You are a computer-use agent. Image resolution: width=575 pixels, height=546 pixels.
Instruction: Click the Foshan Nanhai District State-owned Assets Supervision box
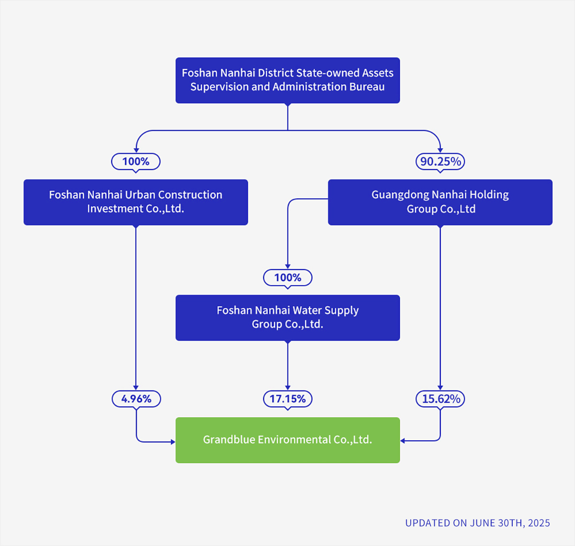(x=287, y=80)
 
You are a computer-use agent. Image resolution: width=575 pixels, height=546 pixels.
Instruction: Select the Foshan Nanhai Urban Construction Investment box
(x=136, y=202)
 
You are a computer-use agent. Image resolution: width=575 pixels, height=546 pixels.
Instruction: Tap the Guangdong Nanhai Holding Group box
(x=440, y=202)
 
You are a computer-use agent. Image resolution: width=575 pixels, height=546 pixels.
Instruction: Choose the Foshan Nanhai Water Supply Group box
(x=287, y=317)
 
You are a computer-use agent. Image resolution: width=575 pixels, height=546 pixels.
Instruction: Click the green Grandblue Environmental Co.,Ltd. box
(x=287, y=440)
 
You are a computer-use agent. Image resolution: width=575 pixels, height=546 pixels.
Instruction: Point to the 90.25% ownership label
(x=440, y=161)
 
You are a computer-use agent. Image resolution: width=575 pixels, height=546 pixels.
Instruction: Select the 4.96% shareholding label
(x=136, y=399)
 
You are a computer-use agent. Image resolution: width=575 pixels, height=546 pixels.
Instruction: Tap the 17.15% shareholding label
(x=287, y=399)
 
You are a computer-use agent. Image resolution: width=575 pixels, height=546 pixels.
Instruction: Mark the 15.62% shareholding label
(x=440, y=399)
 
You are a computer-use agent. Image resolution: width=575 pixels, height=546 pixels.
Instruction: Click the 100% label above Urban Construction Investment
(x=136, y=161)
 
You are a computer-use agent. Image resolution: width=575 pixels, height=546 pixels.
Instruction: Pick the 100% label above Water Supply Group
(x=287, y=278)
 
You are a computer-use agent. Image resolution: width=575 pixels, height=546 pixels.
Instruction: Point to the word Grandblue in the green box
(x=229, y=440)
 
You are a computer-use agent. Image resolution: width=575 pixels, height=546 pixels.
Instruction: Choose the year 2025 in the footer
(x=539, y=523)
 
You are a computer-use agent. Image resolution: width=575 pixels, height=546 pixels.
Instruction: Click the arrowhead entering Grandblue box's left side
(x=173, y=442)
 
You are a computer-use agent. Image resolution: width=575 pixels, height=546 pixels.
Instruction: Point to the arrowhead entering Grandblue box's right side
(x=402, y=440)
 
